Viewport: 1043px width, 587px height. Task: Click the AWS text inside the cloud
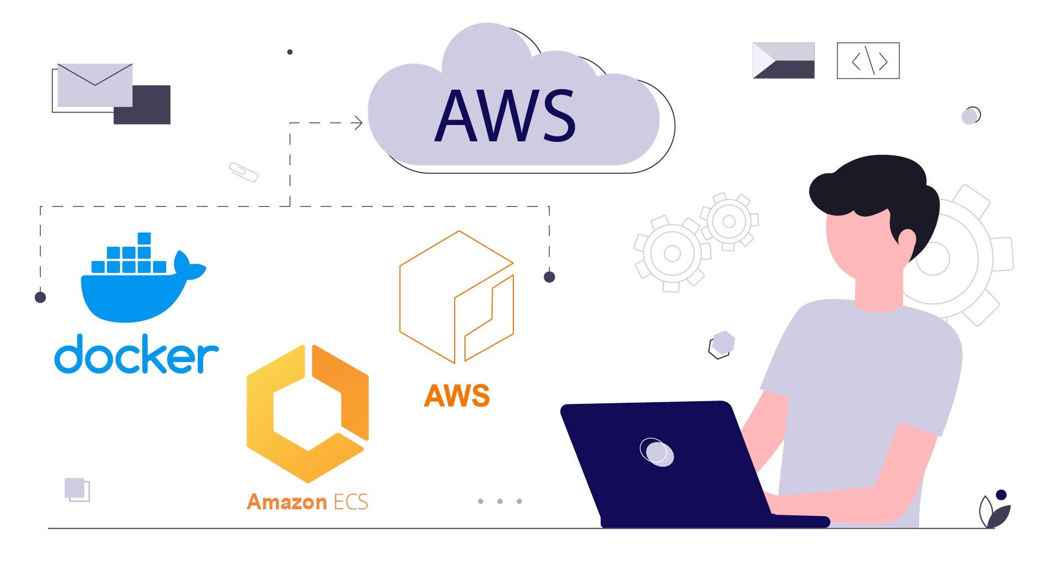505,116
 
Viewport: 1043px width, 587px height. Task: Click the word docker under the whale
136,354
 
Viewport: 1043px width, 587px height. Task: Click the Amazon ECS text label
307,502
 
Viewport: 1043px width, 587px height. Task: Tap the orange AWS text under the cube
456,396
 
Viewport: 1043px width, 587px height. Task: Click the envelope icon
95,85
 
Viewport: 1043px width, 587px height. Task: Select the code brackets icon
868,61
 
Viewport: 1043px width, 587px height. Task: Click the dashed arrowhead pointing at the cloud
357,123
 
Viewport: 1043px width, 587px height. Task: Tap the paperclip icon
243,172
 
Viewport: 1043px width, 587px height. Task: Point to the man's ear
907,239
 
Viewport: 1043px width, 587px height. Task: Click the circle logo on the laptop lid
657,452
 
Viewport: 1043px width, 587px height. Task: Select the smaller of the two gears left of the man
729,221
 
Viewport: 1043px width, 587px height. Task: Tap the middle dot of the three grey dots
500,501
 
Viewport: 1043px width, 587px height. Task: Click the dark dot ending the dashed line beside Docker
40,297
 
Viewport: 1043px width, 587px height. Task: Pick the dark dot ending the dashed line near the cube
549,277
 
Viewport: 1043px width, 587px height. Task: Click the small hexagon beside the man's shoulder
722,345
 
